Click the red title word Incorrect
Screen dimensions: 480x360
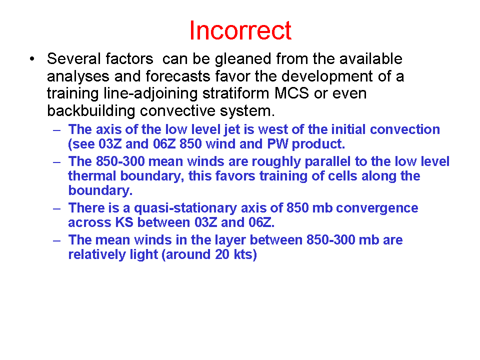point(240,30)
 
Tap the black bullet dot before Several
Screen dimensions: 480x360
point(32,59)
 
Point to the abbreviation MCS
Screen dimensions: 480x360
point(291,93)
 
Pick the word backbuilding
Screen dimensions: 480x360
point(91,111)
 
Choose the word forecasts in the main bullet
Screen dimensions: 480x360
point(178,76)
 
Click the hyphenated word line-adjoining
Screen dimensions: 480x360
point(150,93)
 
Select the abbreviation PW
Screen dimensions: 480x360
point(277,144)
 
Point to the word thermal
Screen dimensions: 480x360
point(92,176)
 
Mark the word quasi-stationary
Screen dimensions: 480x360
point(185,208)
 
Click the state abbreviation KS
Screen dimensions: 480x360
point(124,222)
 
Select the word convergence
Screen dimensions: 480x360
point(377,208)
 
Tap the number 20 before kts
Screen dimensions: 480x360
point(222,254)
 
